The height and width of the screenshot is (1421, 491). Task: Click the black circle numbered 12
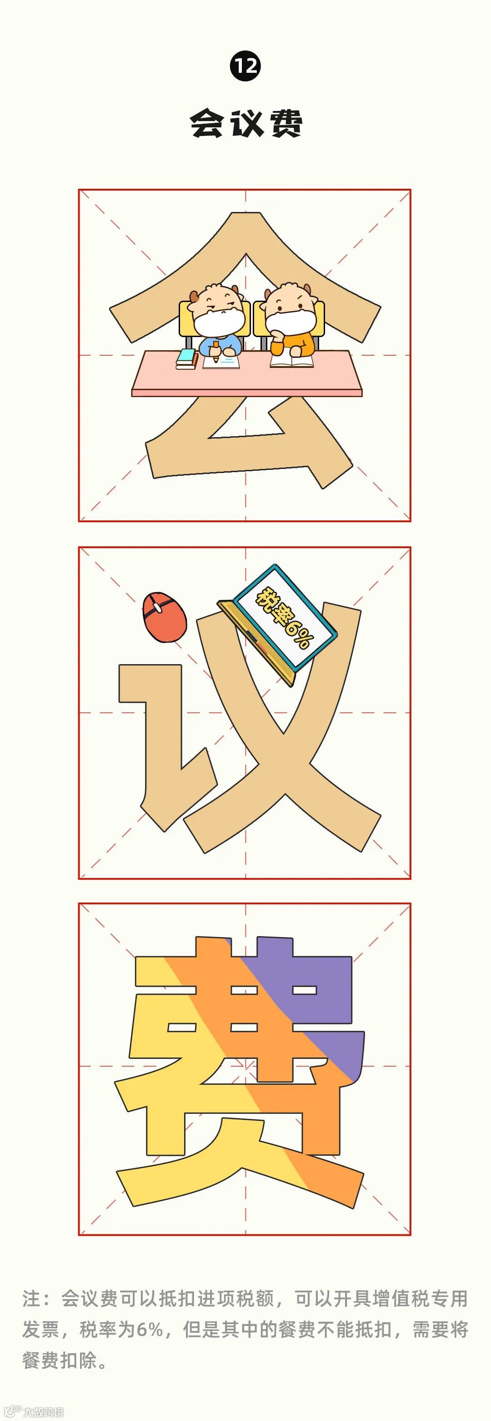[x=245, y=66]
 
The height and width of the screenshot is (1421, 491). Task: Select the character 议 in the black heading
[x=246, y=123]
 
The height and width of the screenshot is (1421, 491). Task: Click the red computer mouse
[x=164, y=617]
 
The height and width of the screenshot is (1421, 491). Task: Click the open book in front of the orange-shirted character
[x=291, y=360]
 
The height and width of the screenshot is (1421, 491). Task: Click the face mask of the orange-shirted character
[x=290, y=322]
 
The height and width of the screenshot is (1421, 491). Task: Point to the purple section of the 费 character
[x=325, y=988]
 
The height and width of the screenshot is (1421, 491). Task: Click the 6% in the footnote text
[x=149, y=1330]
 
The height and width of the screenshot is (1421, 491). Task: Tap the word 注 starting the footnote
[x=31, y=1299]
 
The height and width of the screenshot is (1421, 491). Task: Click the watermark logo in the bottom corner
[x=33, y=1411]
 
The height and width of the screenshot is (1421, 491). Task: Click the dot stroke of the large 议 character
[x=164, y=617]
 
